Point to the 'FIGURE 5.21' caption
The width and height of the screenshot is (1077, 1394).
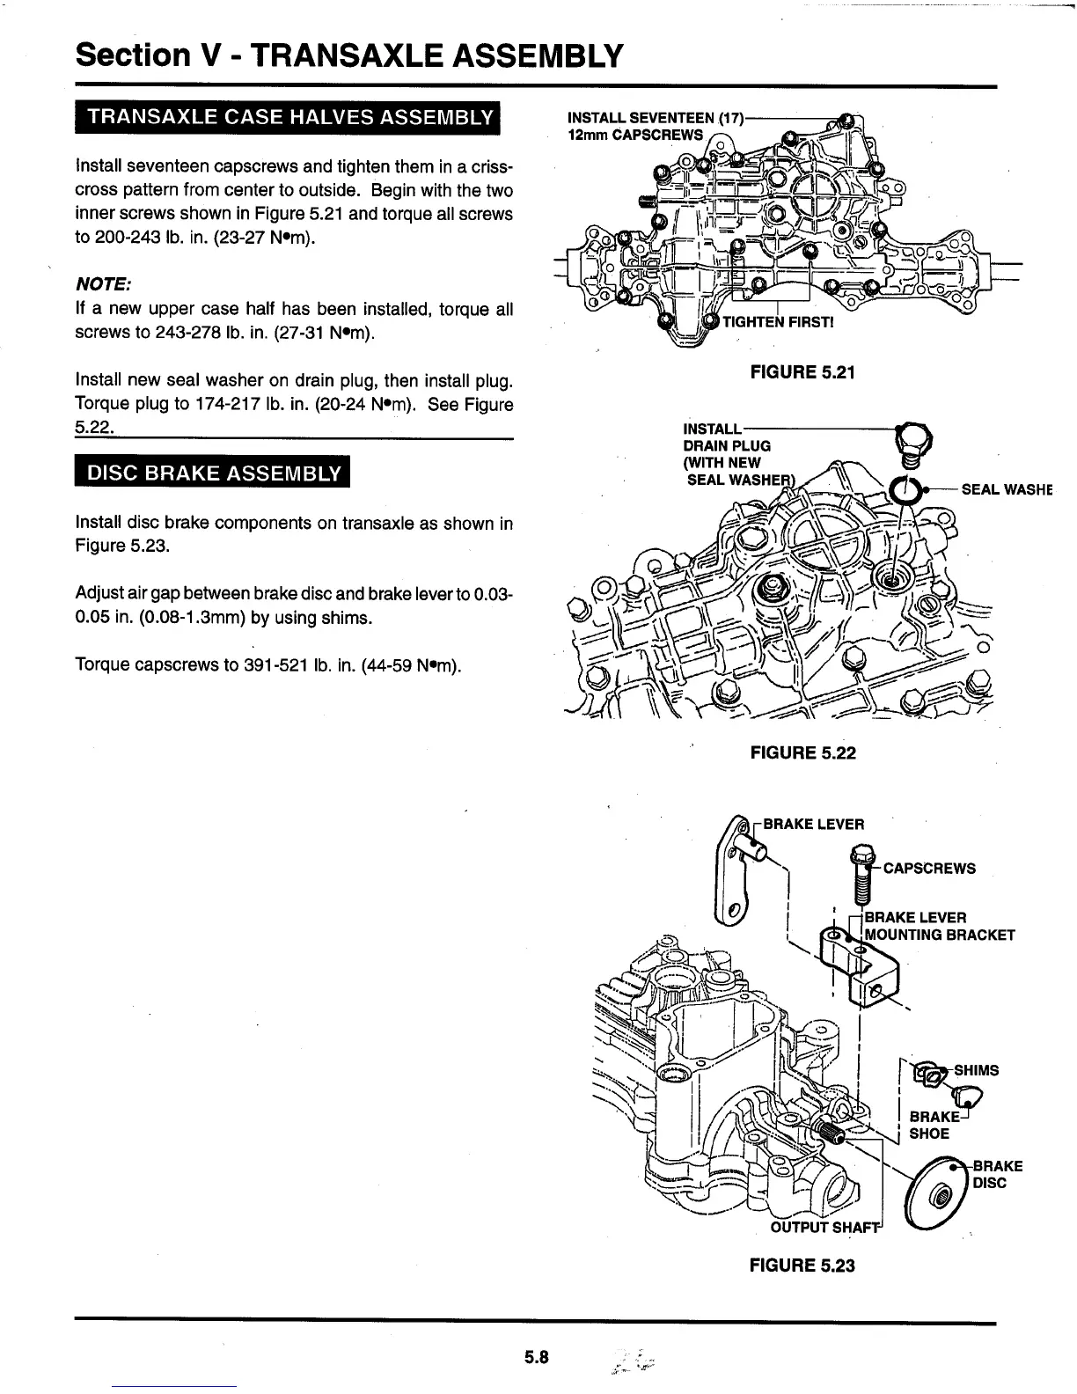802,371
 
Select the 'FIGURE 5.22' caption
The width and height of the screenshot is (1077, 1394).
802,752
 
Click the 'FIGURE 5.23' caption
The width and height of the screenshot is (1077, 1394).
802,1266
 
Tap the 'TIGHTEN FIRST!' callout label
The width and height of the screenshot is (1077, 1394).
777,322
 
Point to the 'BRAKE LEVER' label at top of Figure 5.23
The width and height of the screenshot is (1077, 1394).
813,824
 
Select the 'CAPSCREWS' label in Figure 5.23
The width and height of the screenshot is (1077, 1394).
929,869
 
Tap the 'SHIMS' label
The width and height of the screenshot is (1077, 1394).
976,1070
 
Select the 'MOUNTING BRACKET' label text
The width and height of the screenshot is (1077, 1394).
941,935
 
